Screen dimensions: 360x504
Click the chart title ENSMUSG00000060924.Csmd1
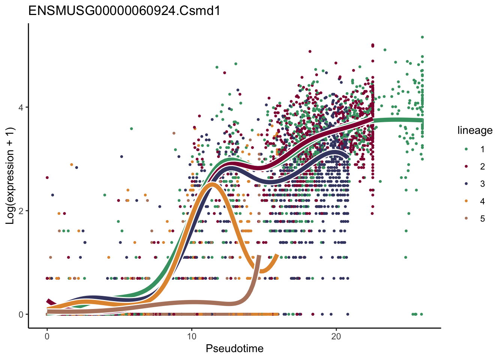coord(124,11)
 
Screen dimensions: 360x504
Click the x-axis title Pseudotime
coord(234,349)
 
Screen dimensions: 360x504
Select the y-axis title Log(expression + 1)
coord(10,176)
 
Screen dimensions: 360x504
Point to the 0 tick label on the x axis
coord(47,336)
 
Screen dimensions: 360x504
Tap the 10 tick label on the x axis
coord(192,336)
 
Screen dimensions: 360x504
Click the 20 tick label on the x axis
coord(336,336)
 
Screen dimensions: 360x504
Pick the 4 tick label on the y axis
coord(21,107)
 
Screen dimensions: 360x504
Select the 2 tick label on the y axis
coord(21,211)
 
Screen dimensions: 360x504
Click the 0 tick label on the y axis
coord(21,314)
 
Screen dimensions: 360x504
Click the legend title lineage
coord(475,130)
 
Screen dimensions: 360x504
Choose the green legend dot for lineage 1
coord(466,149)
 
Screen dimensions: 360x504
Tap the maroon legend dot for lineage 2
coord(466,166)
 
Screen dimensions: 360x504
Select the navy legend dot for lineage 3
coord(466,184)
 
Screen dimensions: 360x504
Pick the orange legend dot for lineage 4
coord(466,201)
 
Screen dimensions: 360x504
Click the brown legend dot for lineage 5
coord(466,219)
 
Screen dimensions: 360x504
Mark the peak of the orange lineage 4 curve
coord(213,184)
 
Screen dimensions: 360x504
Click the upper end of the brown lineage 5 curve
coord(259,256)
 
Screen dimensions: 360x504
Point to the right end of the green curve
coord(422,120)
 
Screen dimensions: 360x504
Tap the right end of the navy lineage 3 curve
coord(348,157)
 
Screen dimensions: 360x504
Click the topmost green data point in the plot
coord(422,37)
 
